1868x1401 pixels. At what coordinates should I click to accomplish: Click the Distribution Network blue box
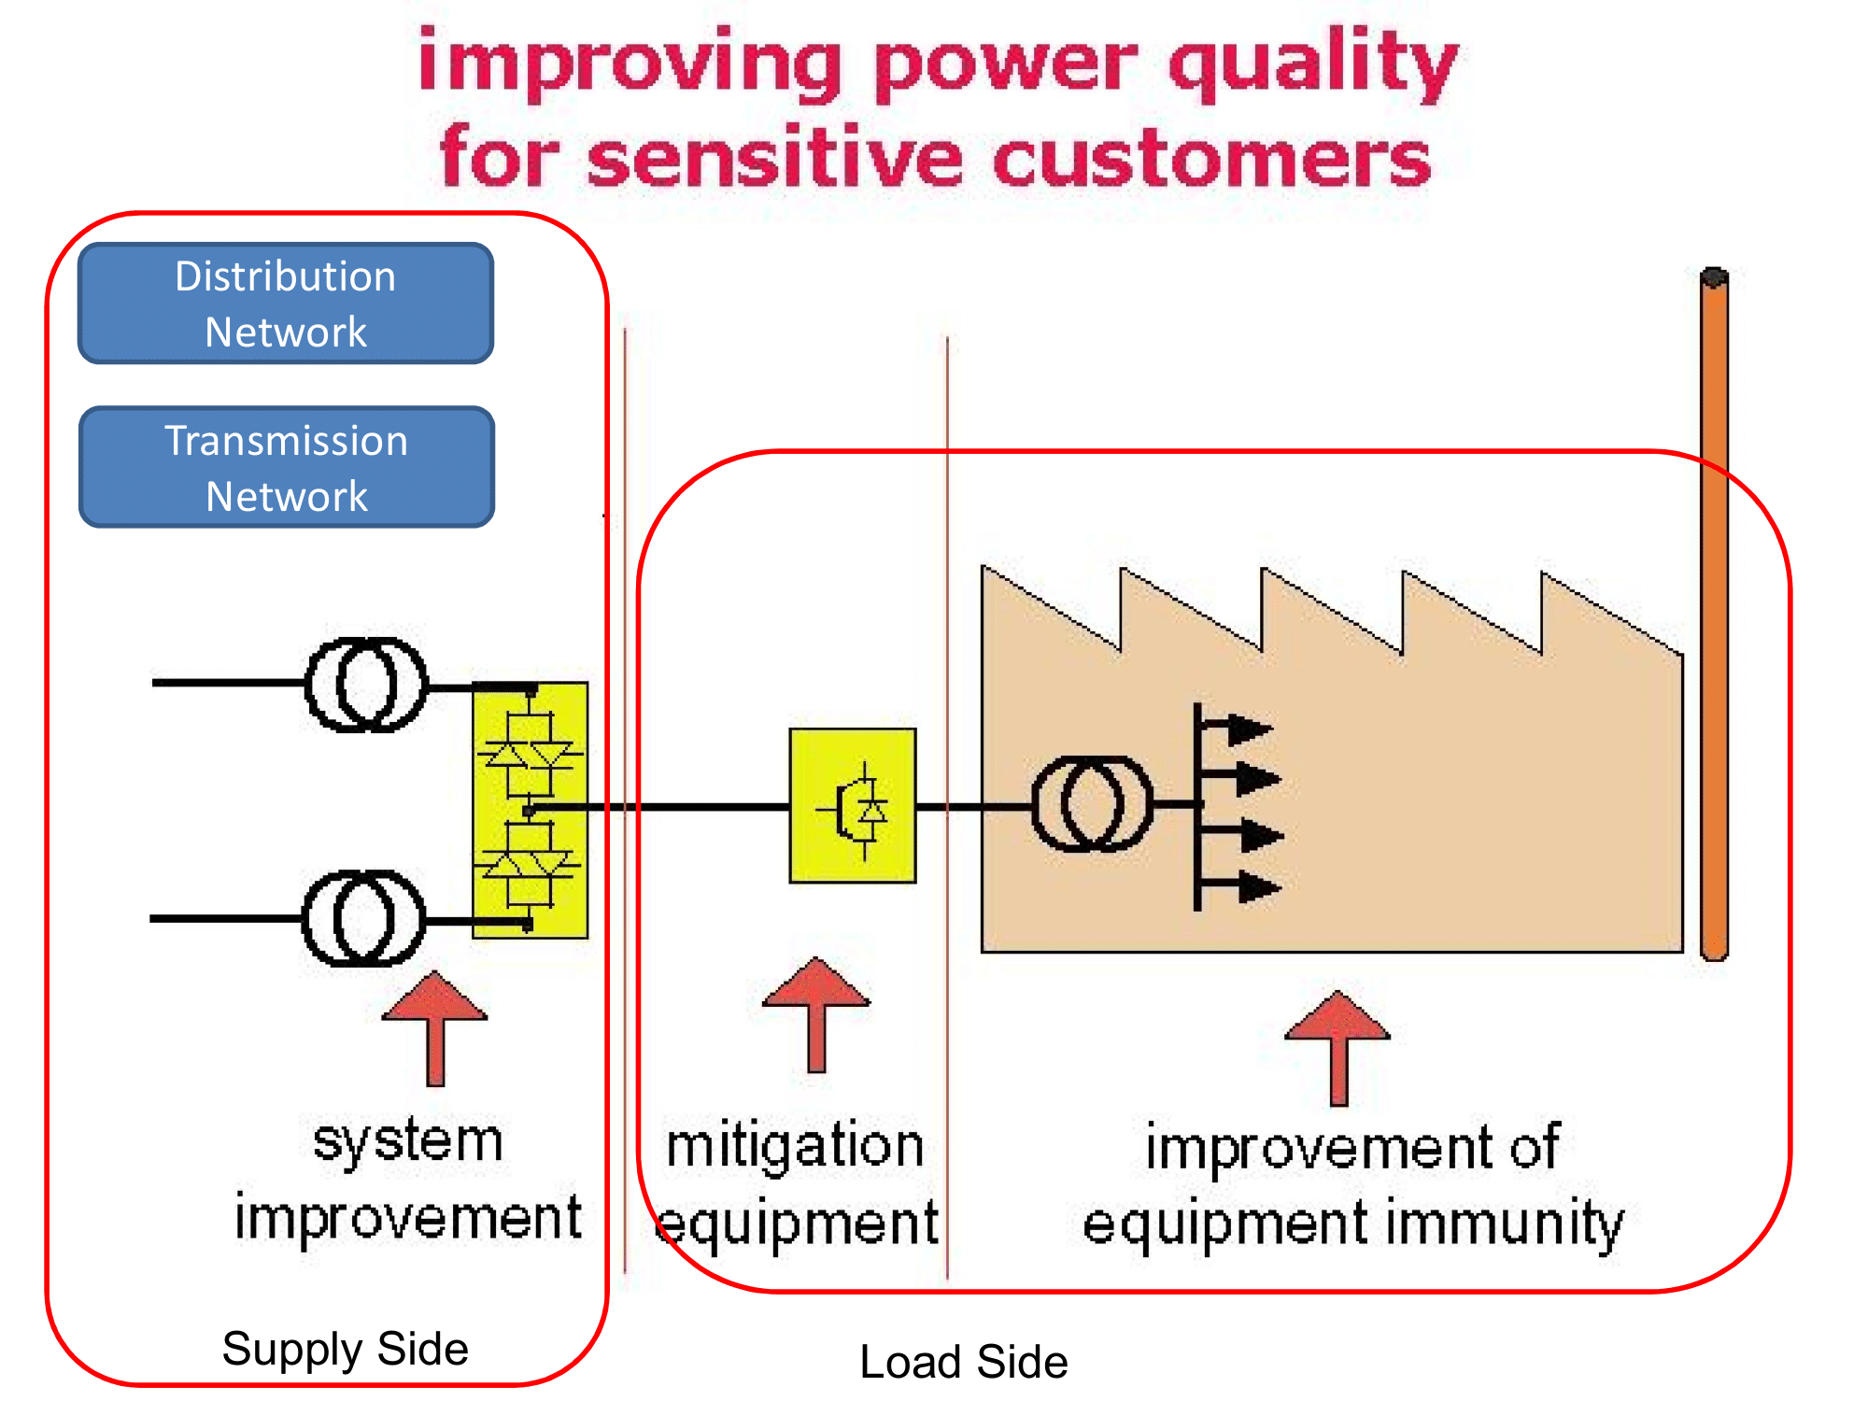click(286, 304)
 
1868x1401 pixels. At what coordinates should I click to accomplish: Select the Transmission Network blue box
click(287, 467)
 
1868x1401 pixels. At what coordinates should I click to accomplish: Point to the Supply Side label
click(345, 1349)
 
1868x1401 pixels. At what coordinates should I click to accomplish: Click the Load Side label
click(963, 1362)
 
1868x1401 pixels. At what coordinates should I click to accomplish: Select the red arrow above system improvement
click(435, 1027)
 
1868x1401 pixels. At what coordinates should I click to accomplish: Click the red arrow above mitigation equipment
click(816, 1013)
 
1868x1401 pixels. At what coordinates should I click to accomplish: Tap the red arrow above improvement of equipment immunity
click(1337, 1047)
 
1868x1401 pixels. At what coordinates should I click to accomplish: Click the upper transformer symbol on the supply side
click(366, 685)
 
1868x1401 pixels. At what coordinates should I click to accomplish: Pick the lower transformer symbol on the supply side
click(363, 918)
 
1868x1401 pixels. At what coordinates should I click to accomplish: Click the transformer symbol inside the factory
click(1091, 804)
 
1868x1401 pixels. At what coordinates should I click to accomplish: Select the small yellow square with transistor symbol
click(853, 805)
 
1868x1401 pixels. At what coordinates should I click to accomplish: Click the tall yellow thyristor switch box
click(531, 810)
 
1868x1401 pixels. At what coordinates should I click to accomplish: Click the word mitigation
click(795, 1147)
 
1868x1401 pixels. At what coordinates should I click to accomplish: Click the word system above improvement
click(408, 1142)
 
